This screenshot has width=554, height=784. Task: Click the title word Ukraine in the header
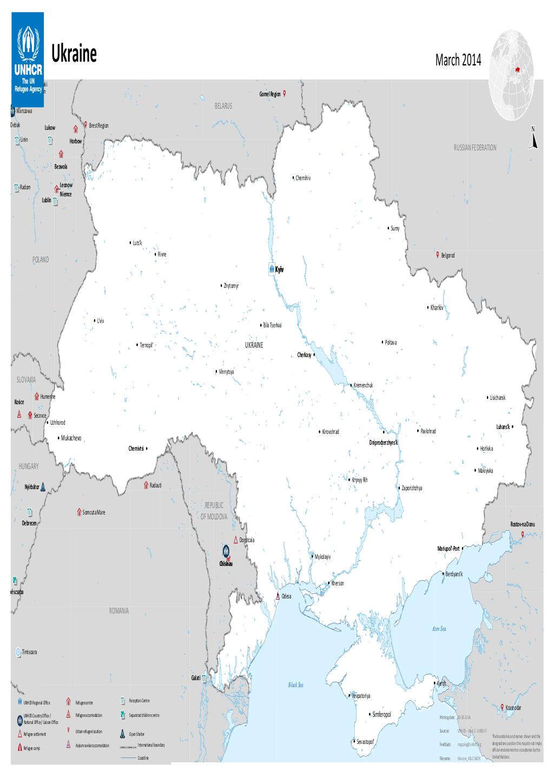(x=74, y=55)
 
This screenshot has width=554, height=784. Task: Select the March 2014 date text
(x=457, y=61)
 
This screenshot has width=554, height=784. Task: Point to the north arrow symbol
(x=533, y=137)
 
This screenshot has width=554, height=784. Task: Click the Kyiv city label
(x=280, y=269)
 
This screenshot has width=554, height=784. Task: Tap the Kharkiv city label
(x=437, y=308)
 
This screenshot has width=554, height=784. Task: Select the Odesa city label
(x=286, y=596)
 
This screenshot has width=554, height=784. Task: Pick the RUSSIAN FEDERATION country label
(x=475, y=147)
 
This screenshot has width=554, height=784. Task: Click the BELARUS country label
(x=222, y=106)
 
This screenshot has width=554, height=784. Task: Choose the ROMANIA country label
(x=118, y=610)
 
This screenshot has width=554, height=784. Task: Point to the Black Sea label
(x=296, y=685)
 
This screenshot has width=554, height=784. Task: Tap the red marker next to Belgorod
(x=437, y=254)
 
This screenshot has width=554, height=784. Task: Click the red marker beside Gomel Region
(x=285, y=93)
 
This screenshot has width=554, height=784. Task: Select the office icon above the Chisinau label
(x=226, y=551)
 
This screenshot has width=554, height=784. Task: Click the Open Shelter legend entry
(x=136, y=735)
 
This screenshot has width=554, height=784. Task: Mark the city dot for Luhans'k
(x=512, y=426)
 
